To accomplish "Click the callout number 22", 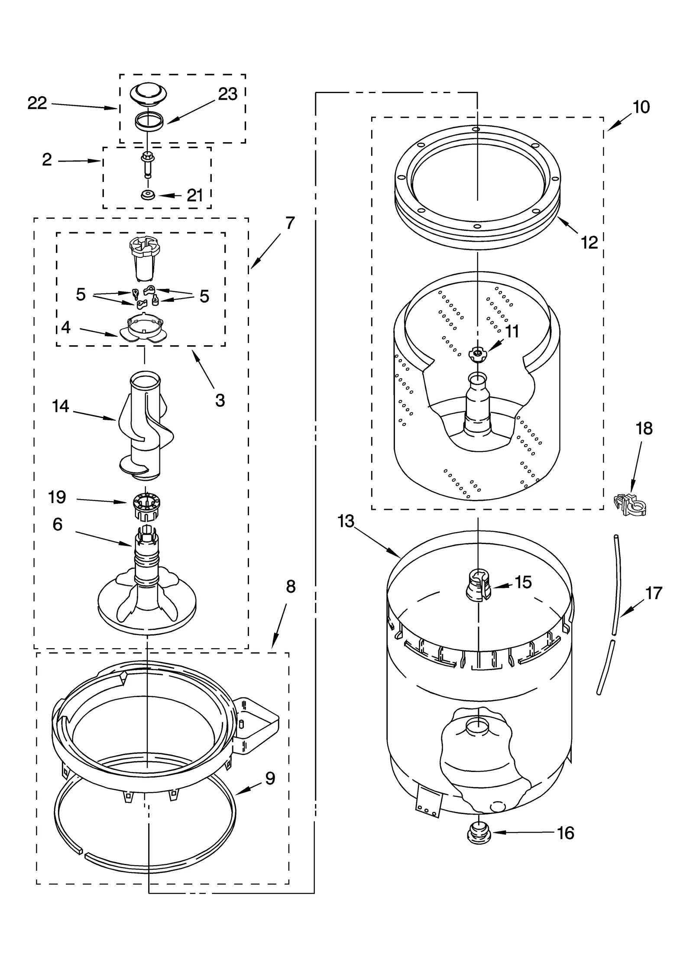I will (x=37, y=103).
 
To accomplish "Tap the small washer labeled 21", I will (x=148, y=195).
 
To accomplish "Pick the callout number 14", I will (x=60, y=406).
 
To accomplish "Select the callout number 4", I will (x=65, y=328).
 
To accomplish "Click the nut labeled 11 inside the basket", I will (x=476, y=354).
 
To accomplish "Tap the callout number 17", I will (x=654, y=593).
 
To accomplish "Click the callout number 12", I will (x=589, y=242).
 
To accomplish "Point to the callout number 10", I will (x=641, y=107).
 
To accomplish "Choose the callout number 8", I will (x=291, y=587).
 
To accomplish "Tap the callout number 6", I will (x=58, y=525).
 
